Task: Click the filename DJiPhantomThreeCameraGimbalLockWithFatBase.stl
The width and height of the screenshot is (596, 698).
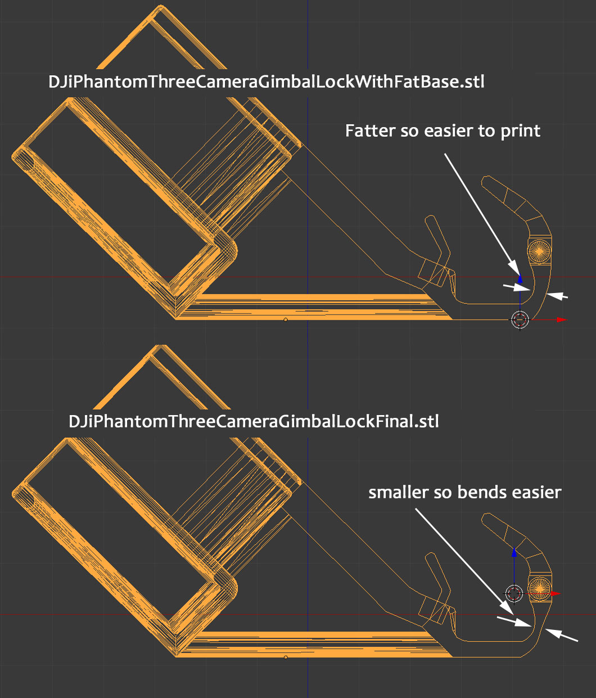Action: [266, 82]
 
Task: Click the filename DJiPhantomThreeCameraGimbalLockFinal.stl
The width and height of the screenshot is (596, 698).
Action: [254, 422]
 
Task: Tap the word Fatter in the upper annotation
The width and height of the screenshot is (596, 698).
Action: [370, 130]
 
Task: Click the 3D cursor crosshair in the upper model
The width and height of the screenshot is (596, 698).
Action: [520, 319]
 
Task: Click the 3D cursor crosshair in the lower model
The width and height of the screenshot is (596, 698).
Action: [514, 593]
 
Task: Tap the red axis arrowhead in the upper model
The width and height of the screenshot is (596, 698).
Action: [562, 319]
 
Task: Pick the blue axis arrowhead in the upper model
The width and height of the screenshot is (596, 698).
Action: [520, 278]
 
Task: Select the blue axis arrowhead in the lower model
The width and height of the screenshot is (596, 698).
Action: [514, 552]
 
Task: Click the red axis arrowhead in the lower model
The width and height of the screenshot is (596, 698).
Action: [556, 593]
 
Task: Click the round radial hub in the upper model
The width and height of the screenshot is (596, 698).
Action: [539, 251]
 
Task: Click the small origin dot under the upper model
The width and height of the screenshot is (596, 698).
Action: [286, 319]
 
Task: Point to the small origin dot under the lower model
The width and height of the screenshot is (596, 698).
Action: [286, 657]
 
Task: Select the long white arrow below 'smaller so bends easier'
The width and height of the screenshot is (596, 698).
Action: [464, 561]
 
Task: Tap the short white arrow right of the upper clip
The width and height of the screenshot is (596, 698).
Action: [557, 296]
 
